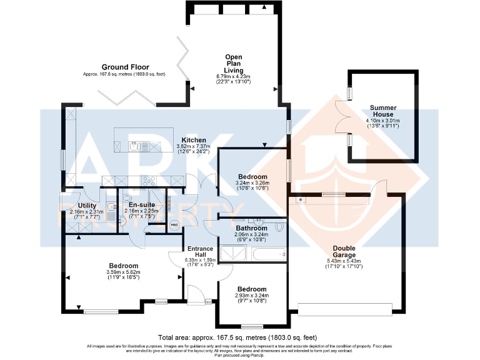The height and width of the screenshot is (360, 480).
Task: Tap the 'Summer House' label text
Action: click(x=382, y=111)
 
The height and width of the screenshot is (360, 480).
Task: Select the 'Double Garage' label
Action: click(x=344, y=251)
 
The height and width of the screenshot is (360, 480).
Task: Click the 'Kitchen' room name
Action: click(x=194, y=139)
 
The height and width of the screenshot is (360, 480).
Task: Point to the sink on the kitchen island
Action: click(x=135, y=146)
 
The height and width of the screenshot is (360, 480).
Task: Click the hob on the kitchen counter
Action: click(x=149, y=181)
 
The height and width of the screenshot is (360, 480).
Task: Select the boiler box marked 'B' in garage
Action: click(x=301, y=199)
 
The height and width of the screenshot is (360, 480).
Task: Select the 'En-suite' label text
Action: click(x=141, y=204)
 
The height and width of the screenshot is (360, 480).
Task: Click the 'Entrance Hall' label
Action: click(x=200, y=251)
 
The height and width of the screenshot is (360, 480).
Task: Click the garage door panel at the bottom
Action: click(x=344, y=309)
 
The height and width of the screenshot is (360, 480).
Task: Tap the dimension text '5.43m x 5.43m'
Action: click(x=344, y=261)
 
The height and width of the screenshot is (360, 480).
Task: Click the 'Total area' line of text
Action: click(x=240, y=336)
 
